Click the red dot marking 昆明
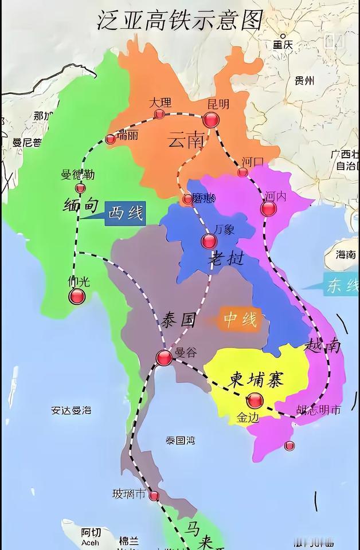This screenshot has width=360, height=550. [x=211, y=120]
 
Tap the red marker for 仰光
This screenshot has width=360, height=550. [x=77, y=296]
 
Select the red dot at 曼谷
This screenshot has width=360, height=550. [x=164, y=358]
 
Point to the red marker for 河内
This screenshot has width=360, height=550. [x=268, y=208]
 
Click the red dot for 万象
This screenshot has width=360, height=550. [x=209, y=241]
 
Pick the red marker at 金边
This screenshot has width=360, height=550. [x=255, y=400]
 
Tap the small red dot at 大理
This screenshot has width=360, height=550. [x=159, y=114]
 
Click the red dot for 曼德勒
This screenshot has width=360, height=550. [x=80, y=188]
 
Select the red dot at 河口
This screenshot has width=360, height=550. [x=242, y=172]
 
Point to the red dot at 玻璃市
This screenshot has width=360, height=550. [x=154, y=496]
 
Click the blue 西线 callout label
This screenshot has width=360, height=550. [x=124, y=214]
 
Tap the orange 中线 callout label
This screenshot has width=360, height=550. [x=240, y=320]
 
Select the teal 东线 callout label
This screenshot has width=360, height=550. [x=341, y=286]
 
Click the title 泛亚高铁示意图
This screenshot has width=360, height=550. [x=179, y=21]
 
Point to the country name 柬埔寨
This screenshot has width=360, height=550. [x=257, y=379]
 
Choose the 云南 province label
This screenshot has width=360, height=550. [x=186, y=140]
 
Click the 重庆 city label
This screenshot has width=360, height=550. [x=283, y=45]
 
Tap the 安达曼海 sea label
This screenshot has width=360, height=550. [x=71, y=410]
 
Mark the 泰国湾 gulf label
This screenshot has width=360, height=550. [x=180, y=441]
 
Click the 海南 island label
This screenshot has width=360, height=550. [x=343, y=254]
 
